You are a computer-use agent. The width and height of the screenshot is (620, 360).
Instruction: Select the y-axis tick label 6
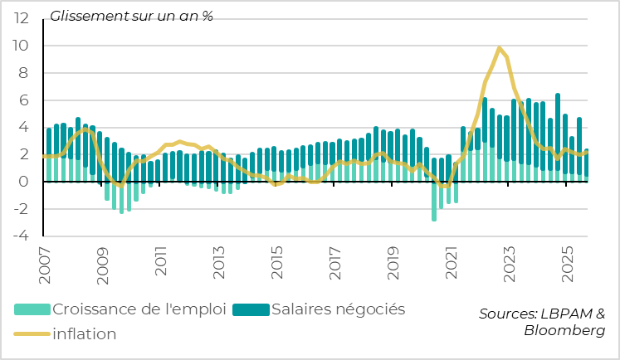coord(25,100)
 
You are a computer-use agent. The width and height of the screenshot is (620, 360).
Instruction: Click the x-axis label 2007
coord(45,260)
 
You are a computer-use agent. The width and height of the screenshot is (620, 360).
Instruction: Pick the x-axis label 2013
coord(219,260)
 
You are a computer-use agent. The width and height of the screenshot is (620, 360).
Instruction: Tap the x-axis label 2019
coord(394,260)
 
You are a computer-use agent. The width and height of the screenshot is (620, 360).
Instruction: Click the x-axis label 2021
coord(452,260)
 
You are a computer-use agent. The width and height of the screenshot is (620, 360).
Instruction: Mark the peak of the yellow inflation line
coord(499,48)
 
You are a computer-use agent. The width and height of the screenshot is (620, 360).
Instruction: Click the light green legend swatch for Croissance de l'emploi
coord(32,309)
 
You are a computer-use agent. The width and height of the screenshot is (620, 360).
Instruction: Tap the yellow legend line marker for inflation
coord(32,334)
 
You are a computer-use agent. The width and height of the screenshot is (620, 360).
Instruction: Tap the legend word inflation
coord(84,334)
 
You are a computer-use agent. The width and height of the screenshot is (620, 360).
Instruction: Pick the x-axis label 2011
coord(161,260)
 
